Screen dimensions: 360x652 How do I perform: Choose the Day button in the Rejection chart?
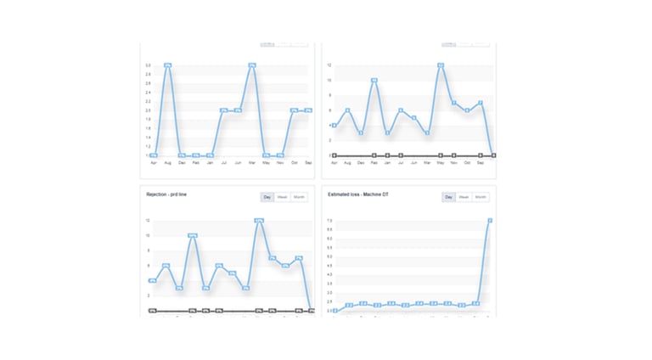tap(267, 197)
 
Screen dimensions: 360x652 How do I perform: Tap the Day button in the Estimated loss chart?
tap(449, 197)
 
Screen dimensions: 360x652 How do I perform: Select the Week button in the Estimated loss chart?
tap(464, 197)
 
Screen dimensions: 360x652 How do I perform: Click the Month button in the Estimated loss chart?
tap(481, 197)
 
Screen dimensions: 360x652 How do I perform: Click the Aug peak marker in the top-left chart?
tap(168, 65)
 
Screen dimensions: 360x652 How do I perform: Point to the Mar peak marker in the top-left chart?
tap(252, 65)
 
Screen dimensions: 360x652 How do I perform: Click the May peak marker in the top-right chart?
tap(441, 65)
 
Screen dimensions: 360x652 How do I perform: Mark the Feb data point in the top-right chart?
tap(374, 81)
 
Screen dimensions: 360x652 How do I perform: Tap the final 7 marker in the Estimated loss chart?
tap(491, 221)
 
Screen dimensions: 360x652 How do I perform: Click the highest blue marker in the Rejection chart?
tap(259, 221)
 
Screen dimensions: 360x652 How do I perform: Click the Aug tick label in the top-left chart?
tap(168, 162)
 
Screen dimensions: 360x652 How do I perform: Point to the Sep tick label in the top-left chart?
tap(308, 162)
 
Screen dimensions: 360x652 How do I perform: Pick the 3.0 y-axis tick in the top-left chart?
tap(148, 65)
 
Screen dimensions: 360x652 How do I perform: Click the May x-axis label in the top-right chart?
tap(441, 162)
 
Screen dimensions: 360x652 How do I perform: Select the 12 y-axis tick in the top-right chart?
tap(329, 65)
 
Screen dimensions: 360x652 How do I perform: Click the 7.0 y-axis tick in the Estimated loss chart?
tap(329, 221)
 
